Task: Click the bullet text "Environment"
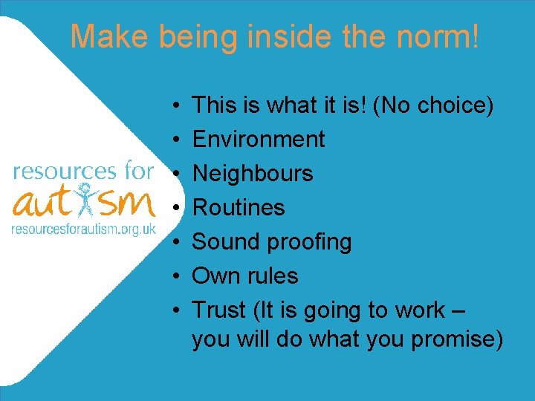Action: (x=258, y=139)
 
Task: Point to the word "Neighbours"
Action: (x=252, y=173)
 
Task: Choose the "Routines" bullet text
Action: (x=238, y=207)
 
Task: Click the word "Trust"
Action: (x=219, y=310)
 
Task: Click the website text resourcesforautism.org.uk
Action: (x=83, y=228)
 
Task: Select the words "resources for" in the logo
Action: (x=83, y=172)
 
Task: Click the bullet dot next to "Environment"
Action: (x=172, y=140)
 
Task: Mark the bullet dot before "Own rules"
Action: (x=172, y=276)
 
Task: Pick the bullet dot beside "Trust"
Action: (x=172, y=310)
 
